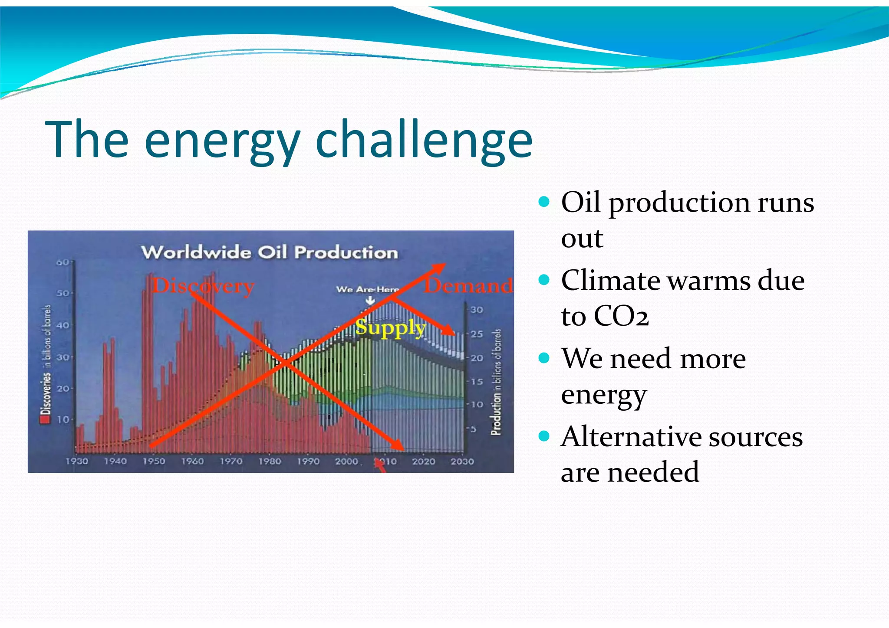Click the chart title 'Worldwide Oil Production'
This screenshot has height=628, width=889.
click(269, 252)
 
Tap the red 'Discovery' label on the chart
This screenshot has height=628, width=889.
click(203, 286)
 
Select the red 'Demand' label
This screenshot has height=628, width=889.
click(469, 286)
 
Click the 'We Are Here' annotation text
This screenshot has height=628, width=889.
click(367, 289)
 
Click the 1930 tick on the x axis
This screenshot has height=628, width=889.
click(77, 461)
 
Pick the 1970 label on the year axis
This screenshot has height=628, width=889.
click(231, 461)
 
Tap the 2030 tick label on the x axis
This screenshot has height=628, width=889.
click(462, 461)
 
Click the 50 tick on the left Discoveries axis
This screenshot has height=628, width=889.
click(63, 293)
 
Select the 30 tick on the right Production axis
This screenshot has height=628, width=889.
click(477, 310)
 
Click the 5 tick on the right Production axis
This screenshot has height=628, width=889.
click(474, 429)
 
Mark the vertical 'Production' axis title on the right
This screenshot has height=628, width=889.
click(496, 382)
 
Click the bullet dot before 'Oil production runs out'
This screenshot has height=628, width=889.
click(543, 202)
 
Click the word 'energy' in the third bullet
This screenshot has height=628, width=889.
click(603, 395)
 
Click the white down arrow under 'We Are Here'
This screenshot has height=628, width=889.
click(370, 300)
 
